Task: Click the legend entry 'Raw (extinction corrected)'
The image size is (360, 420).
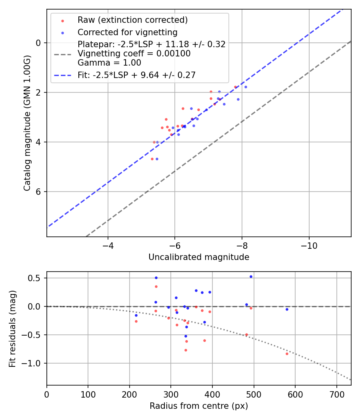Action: coord(132,20)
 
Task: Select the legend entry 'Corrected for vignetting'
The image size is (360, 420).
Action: coord(127,32)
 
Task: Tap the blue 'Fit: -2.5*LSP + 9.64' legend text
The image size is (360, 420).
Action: coord(136,75)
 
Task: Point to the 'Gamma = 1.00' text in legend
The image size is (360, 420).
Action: coord(109,62)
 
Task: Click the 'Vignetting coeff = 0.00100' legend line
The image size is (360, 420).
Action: coord(134,53)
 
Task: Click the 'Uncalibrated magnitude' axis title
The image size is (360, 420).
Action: coord(199,257)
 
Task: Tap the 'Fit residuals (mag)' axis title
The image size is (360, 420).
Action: coord(12,328)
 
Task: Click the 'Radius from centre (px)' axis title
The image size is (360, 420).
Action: coord(199,406)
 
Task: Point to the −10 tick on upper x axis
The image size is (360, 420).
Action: coord(309,246)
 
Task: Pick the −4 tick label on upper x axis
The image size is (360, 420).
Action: coord(108,246)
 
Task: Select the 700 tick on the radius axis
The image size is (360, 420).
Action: coord(336,394)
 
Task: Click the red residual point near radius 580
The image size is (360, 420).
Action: coord(287,354)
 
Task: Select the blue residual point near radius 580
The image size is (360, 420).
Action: coord(287,309)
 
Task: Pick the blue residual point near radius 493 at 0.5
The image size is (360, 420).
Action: coord(251,276)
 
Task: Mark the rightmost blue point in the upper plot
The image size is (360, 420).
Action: coord(246,87)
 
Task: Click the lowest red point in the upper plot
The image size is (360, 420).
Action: coord(152,159)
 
